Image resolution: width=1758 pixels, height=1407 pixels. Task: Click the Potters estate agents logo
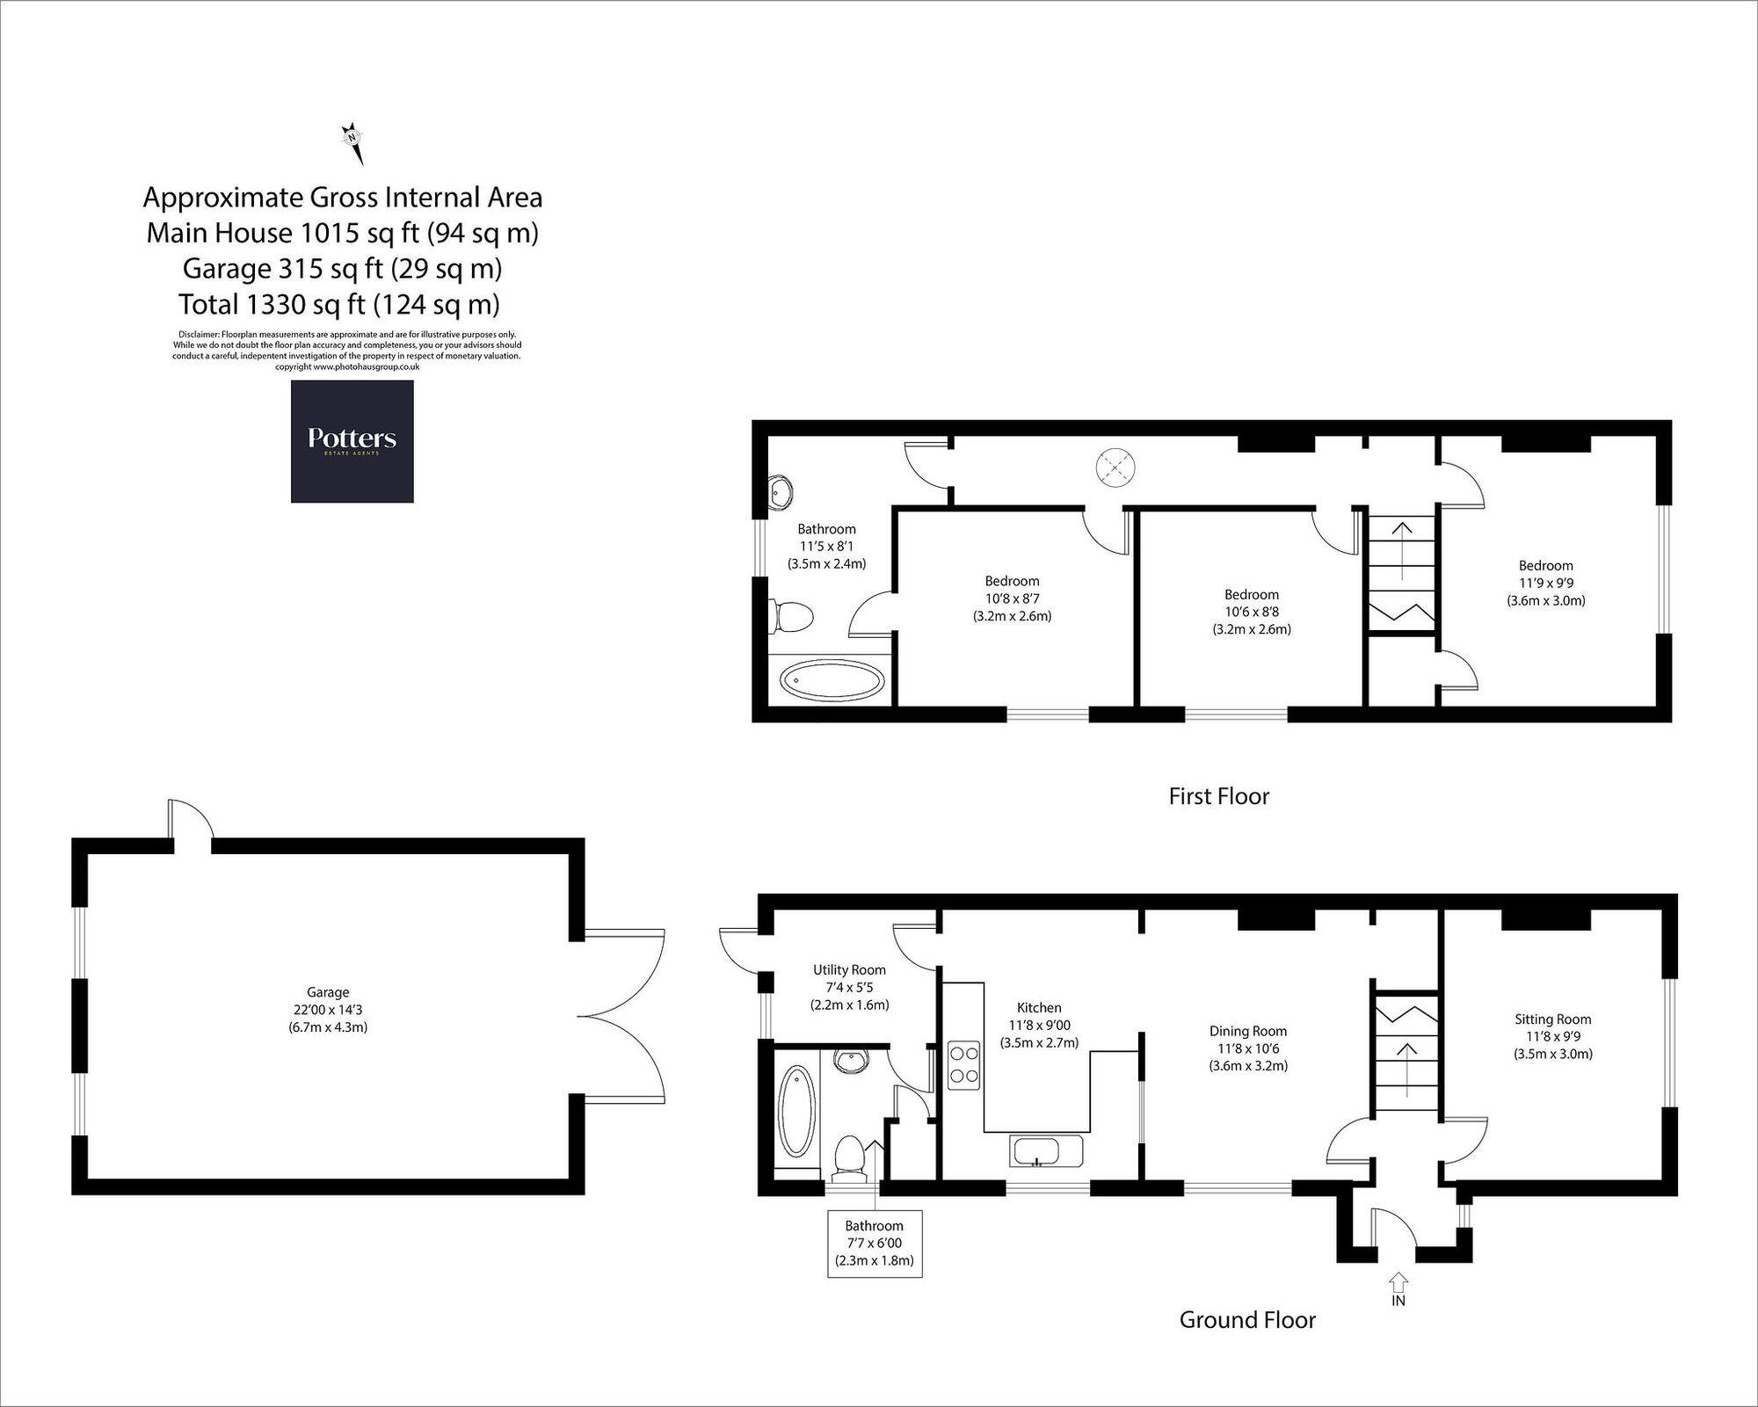click(352, 441)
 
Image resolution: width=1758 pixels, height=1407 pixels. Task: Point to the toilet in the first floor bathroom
click(791, 617)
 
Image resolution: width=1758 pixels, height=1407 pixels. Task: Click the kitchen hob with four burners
click(963, 1065)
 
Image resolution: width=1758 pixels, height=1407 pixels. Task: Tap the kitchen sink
click(1048, 1152)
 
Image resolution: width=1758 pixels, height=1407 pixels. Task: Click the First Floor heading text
click(1218, 796)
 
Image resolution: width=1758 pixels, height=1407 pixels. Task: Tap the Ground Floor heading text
click(1247, 1320)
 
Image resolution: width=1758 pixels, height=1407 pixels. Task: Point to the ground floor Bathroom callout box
click(875, 1243)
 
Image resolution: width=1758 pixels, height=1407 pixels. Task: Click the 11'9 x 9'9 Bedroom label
click(1545, 584)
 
